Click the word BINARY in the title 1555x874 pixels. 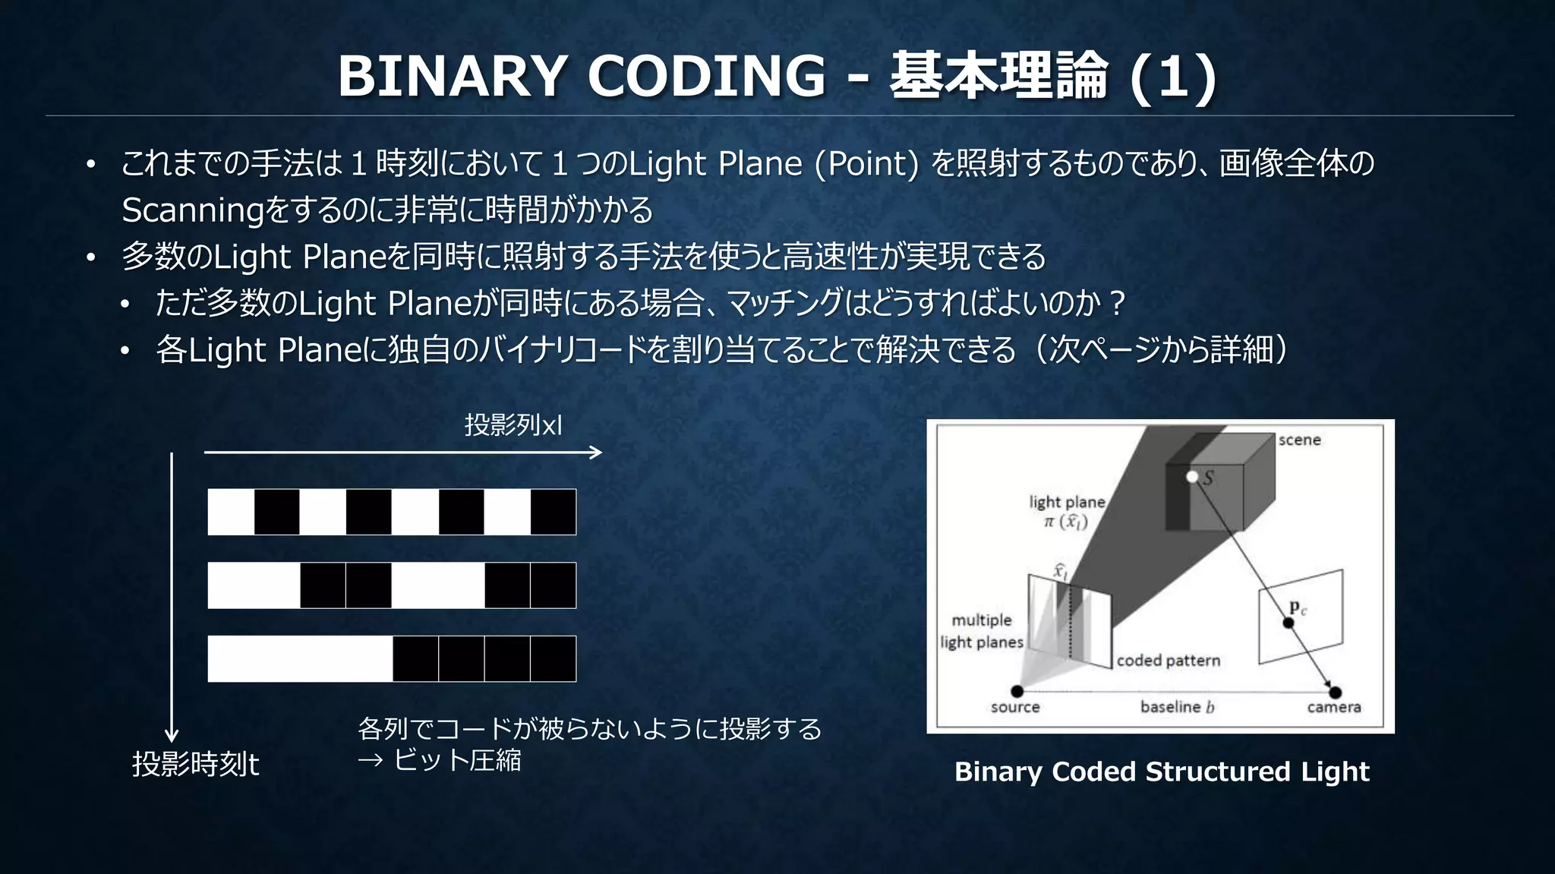[452, 76]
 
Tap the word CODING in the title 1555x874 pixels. [706, 76]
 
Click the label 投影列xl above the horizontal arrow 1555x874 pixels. [513, 425]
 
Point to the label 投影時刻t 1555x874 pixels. [196, 764]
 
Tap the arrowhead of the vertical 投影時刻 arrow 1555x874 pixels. [172, 735]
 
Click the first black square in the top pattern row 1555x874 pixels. [276, 512]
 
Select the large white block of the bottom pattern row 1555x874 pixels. [300, 658]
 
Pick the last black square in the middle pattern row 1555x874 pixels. [553, 585]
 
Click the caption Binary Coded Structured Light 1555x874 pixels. [1161, 771]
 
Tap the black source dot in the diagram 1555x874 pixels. [1017, 691]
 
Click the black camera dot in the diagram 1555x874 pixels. [1335, 692]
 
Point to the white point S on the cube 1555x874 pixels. [1192, 477]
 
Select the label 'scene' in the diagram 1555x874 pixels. [1299, 440]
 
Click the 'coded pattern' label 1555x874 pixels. [1168, 661]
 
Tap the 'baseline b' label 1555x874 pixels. [1177, 707]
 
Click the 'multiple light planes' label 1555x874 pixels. [982, 631]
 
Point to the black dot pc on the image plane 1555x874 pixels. [1288, 623]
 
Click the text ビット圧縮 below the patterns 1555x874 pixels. [457, 760]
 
